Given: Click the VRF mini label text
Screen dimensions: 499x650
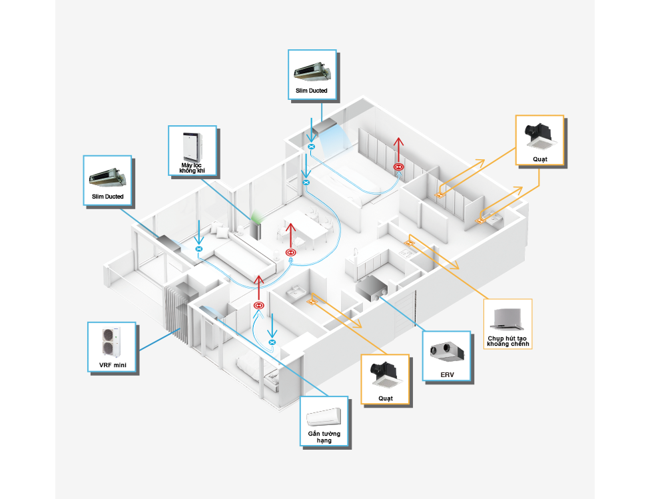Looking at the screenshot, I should point(111,365).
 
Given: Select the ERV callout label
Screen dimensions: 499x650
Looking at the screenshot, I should point(447,375).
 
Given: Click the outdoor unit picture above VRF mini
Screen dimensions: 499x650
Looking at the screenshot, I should point(111,342).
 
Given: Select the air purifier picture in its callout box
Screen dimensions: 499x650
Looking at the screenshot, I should point(192,145).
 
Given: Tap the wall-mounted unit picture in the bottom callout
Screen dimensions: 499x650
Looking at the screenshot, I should point(324,416).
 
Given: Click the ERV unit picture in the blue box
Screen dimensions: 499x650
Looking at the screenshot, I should point(447,352).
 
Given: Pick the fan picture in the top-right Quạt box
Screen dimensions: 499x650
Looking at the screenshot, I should point(539,133).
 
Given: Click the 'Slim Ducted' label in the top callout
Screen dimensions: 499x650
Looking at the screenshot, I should point(312,90).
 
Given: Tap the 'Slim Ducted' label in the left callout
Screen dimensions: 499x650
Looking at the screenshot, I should point(108,197).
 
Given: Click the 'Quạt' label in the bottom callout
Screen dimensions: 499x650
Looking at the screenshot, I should point(384,398).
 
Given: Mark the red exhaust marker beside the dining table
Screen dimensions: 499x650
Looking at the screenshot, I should point(290,252).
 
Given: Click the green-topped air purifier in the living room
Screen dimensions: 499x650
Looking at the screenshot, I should point(256,227).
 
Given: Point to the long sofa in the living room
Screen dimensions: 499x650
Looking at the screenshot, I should point(240,256).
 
